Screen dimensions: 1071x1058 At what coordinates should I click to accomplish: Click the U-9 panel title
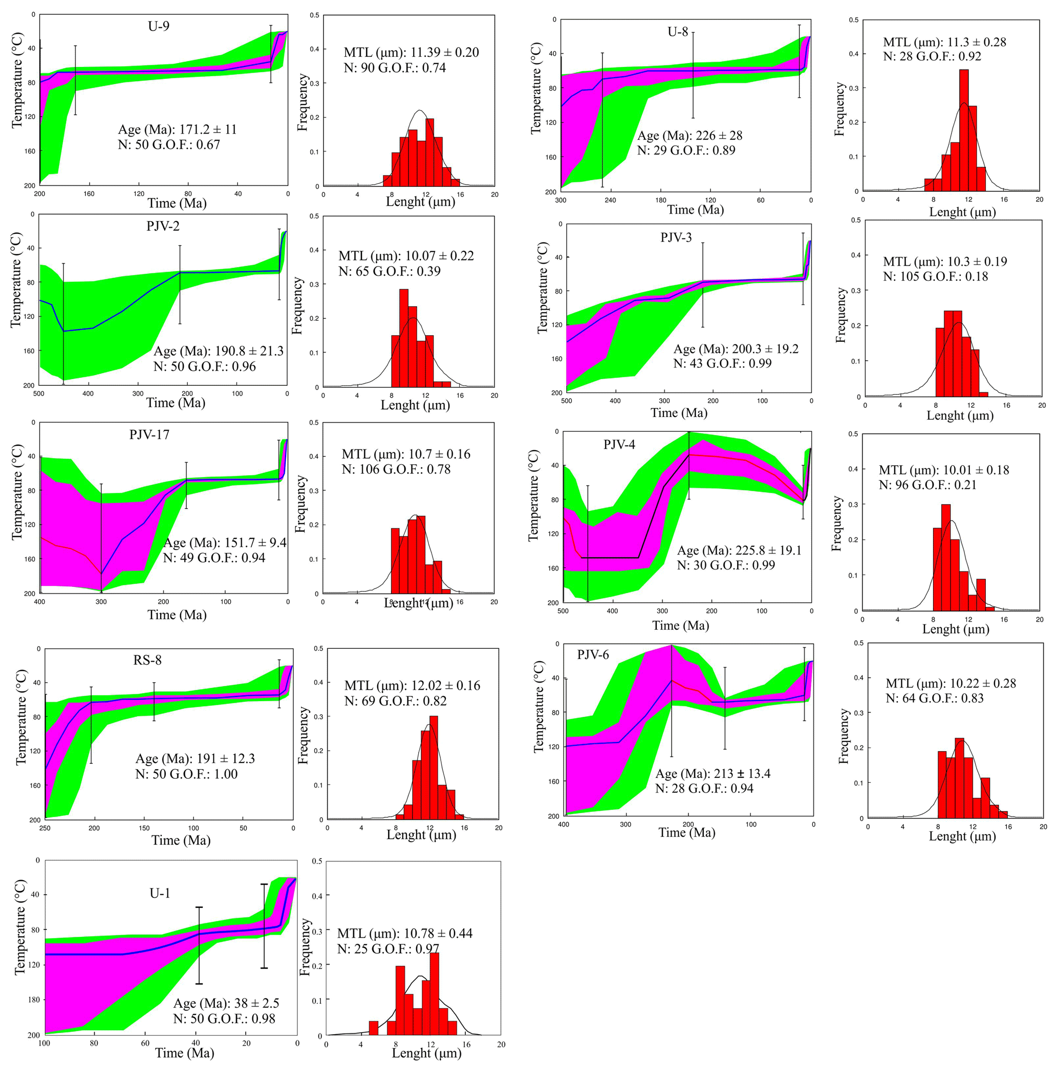159,26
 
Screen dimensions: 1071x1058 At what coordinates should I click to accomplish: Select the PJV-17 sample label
149,434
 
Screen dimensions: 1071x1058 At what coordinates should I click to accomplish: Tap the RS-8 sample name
147,660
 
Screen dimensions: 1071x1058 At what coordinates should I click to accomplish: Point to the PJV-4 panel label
619,445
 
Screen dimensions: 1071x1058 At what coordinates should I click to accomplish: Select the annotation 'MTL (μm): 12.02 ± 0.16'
412,686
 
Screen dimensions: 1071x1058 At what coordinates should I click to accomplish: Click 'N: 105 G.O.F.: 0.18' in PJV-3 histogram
936,277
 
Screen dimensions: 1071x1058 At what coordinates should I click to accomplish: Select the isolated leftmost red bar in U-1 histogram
373,1028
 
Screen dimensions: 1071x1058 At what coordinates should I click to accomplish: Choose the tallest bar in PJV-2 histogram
404,338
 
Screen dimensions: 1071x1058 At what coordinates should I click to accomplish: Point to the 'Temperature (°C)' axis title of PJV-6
538,707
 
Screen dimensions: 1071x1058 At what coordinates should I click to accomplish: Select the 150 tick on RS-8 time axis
144,828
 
